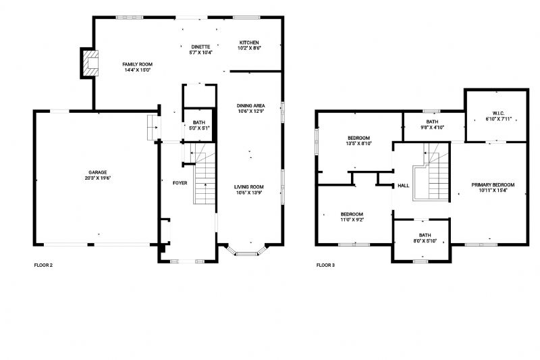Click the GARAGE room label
pyautogui.click(x=98, y=172)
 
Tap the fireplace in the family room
pyautogui.click(x=91, y=63)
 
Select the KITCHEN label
pyautogui.click(x=249, y=43)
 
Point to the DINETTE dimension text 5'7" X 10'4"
pyautogui.click(x=200, y=53)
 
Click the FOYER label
pyautogui.click(x=180, y=183)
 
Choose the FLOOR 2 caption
pyautogui.click(x=43, y=265)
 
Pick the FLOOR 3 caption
pyautogui.click(x=325, y=265)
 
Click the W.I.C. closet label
pyautogui.click(x=498, y=113)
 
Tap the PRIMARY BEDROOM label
pyautogui.click(x=493, y=185)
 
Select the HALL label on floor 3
pyautogui.click(x=404, y=186)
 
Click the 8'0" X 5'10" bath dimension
pyautogui.click(x=425, y=241)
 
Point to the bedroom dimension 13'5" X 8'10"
pyautogui.click(x=359, y=144)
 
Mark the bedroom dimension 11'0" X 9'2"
pyautogui.click(x=352, y=220)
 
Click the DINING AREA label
pyautogui.click(x=250, y=106)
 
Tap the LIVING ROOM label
pyautogui.click(x=249, y=187)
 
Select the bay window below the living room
pyautogui.click(x=246, y=253)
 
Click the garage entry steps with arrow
pyautogui.click(x=154, y=128)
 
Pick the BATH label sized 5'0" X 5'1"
pyautogui.click(x=199, y=123)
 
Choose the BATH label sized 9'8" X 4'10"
pyautogui.click(x=432, y=122)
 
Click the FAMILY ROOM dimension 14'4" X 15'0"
pyautogui.click(x=138, y=70)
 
